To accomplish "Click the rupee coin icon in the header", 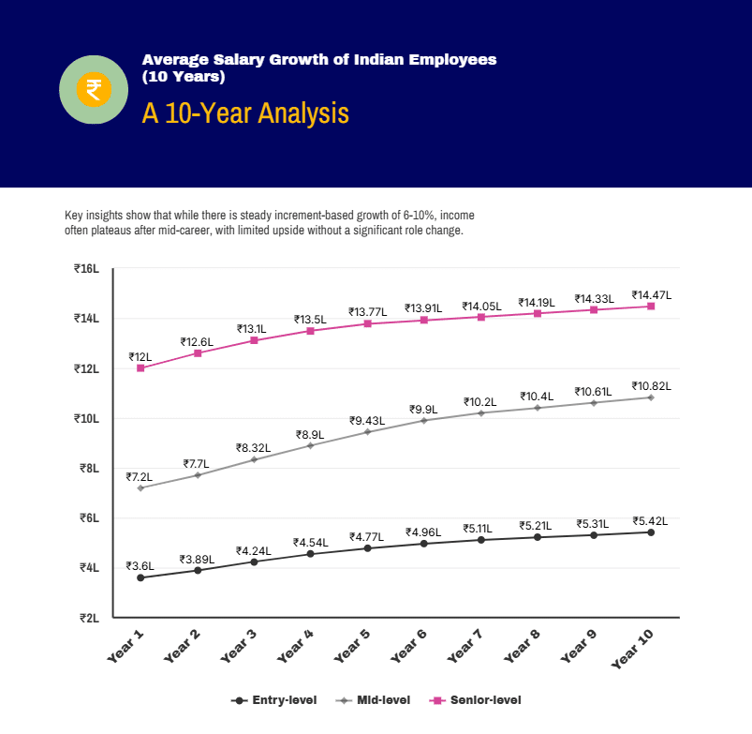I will click(93, 90).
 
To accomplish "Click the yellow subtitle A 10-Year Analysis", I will click(245, 113).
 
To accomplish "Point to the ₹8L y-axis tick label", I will click(89, 468).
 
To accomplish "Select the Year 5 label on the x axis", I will click(353, 646).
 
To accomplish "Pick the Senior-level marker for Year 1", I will click(140, 368).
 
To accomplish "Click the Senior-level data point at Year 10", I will click(651, 307).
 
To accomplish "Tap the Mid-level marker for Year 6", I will click(423, 420).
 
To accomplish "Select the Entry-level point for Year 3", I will click(254, 562).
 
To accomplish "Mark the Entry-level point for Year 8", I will click(538, 537).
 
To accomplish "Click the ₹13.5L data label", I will click(310, 319).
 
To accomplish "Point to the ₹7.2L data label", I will click(140, 476).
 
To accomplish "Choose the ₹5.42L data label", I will click(651, 520).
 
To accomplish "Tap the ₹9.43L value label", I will click(367, 420).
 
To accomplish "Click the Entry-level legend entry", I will click(273, 700).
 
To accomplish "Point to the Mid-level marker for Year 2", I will click(198, 475).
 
